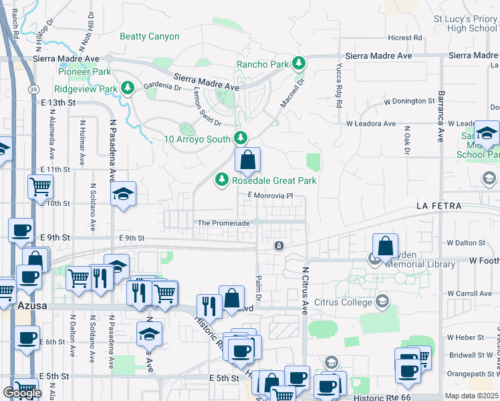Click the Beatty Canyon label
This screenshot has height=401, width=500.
pos(150,37)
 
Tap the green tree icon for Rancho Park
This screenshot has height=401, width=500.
pos(299,64)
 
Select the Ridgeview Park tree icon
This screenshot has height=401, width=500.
pos(127,88)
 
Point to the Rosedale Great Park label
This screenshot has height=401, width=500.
pos(273,180)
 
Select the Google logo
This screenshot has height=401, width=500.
pos(22,393)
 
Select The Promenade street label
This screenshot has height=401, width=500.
pos(223,223)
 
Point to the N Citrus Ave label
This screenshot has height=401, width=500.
pos(305,291)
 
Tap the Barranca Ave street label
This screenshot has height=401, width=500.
pos(441,116)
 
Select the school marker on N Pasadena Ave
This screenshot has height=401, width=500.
pos(123,194)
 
